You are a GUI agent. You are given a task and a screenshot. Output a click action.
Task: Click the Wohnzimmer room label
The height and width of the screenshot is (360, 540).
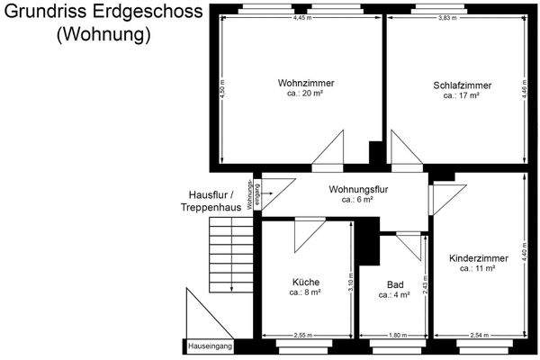(300, 83)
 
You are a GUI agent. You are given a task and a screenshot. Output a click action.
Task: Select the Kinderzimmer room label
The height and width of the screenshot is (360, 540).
(478, 258)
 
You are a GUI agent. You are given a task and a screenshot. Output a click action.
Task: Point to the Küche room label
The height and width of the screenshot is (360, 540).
(305, 282)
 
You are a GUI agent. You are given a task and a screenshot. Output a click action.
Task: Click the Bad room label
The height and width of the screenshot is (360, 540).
(394, 283)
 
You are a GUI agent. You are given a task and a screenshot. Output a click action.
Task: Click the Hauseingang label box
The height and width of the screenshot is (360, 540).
(210, 346)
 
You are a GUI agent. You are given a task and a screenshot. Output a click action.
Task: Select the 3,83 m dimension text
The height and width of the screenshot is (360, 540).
(450, 18)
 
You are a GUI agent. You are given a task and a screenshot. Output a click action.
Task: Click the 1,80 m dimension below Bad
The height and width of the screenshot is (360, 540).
(396, 335)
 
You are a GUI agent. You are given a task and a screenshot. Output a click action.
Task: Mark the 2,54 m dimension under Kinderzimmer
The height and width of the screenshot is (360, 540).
(479, 335)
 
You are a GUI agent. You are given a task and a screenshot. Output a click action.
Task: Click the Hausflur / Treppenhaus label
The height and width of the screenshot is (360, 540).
(211, 201)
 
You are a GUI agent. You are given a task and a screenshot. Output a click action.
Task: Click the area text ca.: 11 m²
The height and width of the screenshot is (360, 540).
(478, 268)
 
